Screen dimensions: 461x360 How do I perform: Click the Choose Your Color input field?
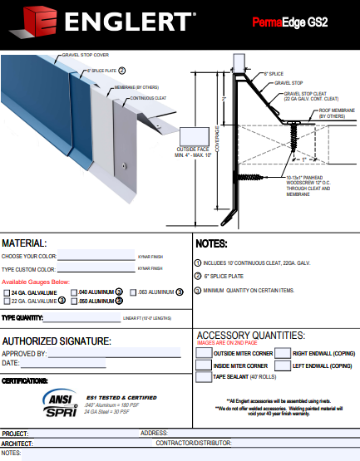[x=96, y=257]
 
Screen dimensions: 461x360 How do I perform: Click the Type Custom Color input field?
[x=96, y=269]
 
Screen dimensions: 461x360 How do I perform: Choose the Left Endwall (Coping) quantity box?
[x=283, y=365]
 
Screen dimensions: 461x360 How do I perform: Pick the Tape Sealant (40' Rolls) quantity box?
[x=204, y=377]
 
